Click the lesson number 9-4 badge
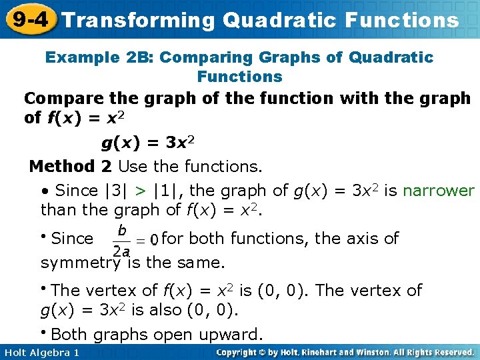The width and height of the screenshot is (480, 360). [x=28, y=19]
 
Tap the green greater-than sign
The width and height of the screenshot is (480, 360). [x=141, y=191]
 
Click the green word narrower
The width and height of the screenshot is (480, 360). [x=438, y=191]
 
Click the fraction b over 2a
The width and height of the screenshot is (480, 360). [x=121, y=240]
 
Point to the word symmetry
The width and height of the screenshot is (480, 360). [x=81, y=262]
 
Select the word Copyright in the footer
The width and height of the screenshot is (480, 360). [x=243, y=352]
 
